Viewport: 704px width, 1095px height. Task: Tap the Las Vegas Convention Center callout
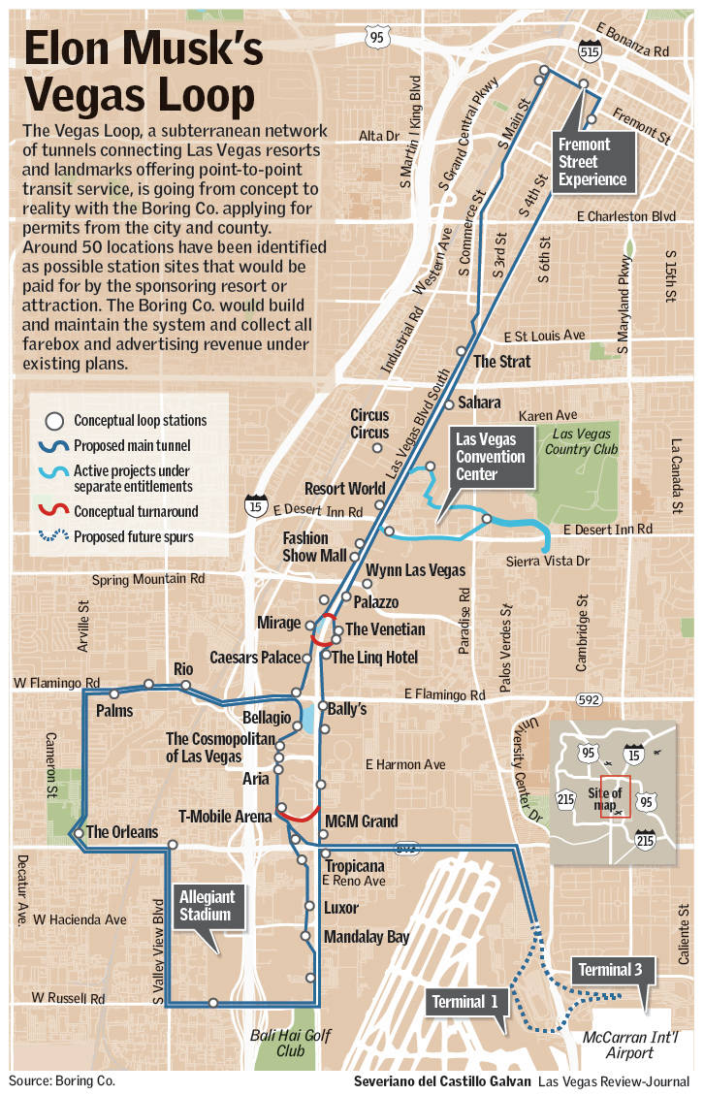[491, 457]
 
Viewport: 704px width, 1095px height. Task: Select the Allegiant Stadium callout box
[205, 906]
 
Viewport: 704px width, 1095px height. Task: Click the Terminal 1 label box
[465, 1001]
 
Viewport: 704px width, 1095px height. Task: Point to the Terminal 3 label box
[610, 969]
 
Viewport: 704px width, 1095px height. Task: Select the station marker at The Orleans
[77, 833]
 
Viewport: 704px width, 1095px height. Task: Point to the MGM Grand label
[361, 821]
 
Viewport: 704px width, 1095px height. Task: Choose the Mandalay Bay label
[367, 937]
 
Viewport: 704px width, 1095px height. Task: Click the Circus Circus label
[369, 424]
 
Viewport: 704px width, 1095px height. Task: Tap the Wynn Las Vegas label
[415, 570]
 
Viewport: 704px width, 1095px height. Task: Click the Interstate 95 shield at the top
[376, 37]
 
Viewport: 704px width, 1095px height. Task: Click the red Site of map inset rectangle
[615, 797]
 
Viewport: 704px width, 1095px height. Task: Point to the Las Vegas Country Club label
[581, 441]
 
